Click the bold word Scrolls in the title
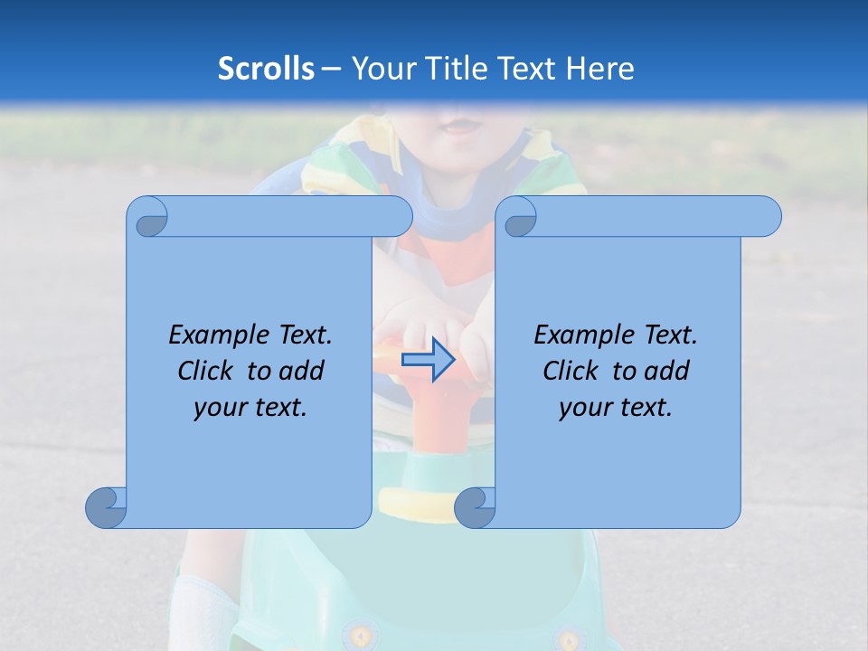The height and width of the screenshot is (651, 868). (x=267, y=69)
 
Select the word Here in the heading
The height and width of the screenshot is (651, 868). (x=599, y=69)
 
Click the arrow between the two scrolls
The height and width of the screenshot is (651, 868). (x=428, y=360)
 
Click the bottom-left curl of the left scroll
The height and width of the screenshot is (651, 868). (x=107, y=508)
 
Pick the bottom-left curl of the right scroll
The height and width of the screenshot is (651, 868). (x=475, y=508)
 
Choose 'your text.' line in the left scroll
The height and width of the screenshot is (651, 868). (x=250, y=407)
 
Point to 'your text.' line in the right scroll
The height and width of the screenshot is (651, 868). (x=616, y=407)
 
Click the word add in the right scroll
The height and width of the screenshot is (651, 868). (x=667, y=371)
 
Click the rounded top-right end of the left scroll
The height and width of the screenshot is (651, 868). (x=399, y=217)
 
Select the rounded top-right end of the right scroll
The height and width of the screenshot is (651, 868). (x=768, y=217)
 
